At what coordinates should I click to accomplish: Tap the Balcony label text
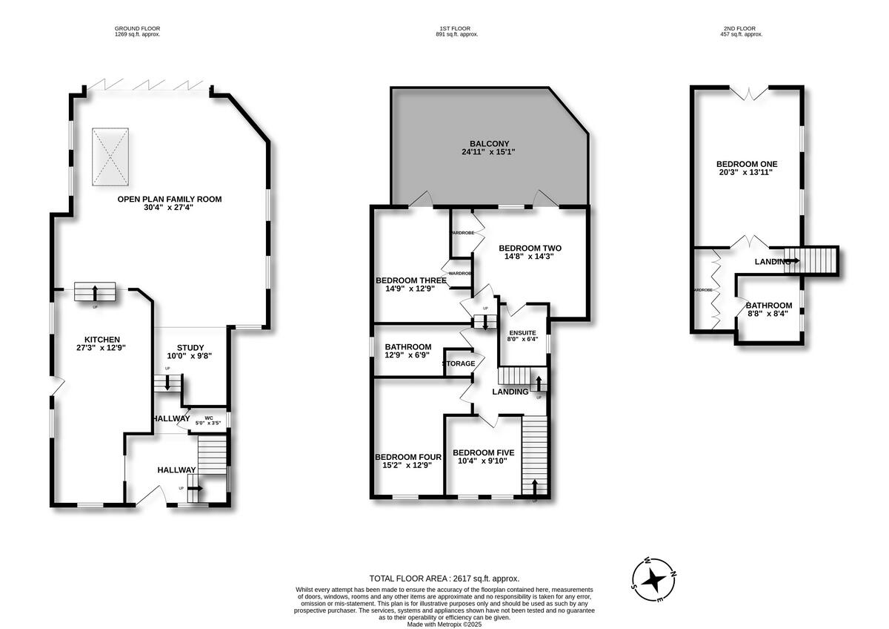point(489,144)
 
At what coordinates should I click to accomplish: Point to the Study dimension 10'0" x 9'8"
point(190,356)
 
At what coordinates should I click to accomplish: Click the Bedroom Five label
point(483,452)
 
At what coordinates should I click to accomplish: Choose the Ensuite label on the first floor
point(522,332)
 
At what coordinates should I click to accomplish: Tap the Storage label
point(459,363)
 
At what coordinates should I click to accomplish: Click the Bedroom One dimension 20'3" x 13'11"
point(747,174)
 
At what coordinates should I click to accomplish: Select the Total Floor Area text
point(444,578)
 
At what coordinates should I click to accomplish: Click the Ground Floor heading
point(137,29)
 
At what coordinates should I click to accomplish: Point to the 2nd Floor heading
point(742,29)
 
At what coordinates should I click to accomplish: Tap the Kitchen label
point(101,339)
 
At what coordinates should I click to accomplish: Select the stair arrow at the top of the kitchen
point(95,292)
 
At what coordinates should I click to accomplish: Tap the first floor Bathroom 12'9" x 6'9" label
point(407,346)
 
